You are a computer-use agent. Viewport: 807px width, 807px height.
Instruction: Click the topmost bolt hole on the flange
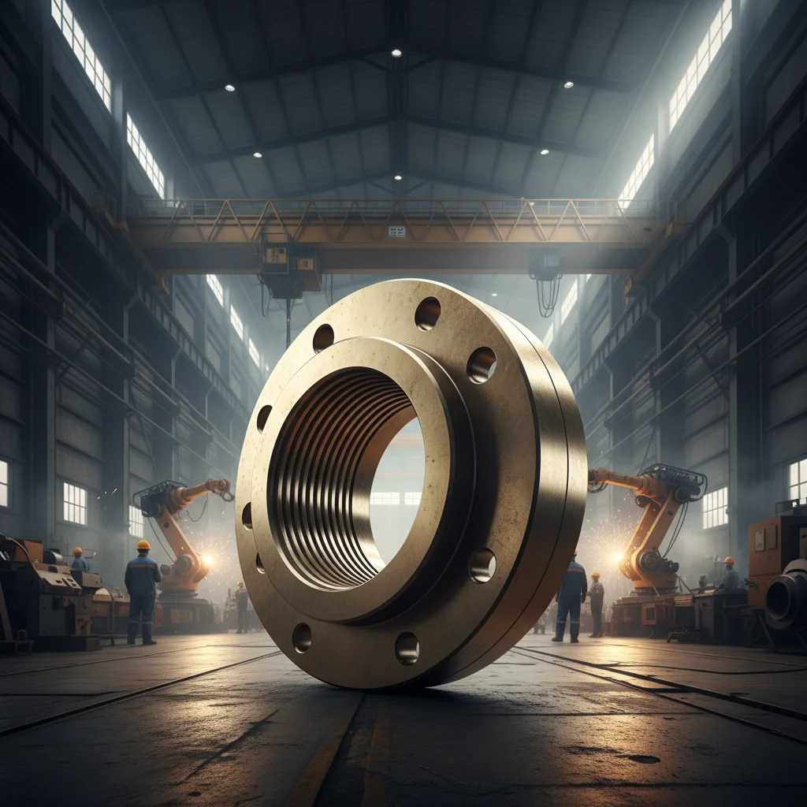tap(428, 313)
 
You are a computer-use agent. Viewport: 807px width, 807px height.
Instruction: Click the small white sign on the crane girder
tap(396, 231)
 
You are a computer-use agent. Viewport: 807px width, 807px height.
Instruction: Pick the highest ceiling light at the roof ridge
tap(396, 53)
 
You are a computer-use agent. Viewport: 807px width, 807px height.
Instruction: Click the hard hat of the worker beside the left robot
tap(143, 545)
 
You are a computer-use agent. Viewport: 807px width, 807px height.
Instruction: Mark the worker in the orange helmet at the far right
tap(730, 575)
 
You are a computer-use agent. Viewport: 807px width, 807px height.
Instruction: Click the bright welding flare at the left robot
tap(206, 560)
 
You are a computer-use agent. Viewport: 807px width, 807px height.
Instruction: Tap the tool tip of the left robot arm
tap(226, 492)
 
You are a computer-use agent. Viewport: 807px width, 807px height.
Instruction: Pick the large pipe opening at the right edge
tap(784, 598)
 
